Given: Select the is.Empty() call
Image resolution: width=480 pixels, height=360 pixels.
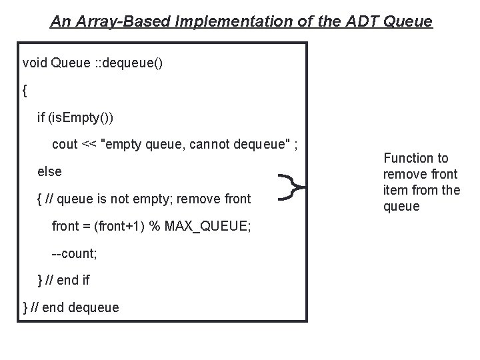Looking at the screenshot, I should point(80,118).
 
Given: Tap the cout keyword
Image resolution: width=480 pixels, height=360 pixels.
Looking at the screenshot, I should point(65,145).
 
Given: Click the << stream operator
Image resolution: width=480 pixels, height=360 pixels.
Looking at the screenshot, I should point(89,145).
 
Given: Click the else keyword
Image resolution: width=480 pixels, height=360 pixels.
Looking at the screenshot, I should point(50,171).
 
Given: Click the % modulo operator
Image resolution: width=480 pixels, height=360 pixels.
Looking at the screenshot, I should point(153,225).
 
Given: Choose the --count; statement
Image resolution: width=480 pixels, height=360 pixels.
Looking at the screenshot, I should point(74,253).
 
